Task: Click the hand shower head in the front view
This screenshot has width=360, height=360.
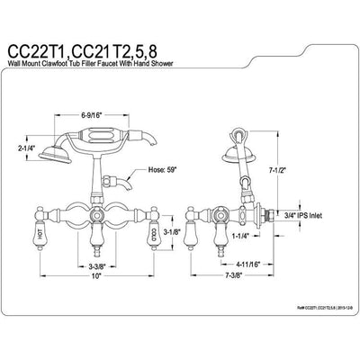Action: coord(85,149)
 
